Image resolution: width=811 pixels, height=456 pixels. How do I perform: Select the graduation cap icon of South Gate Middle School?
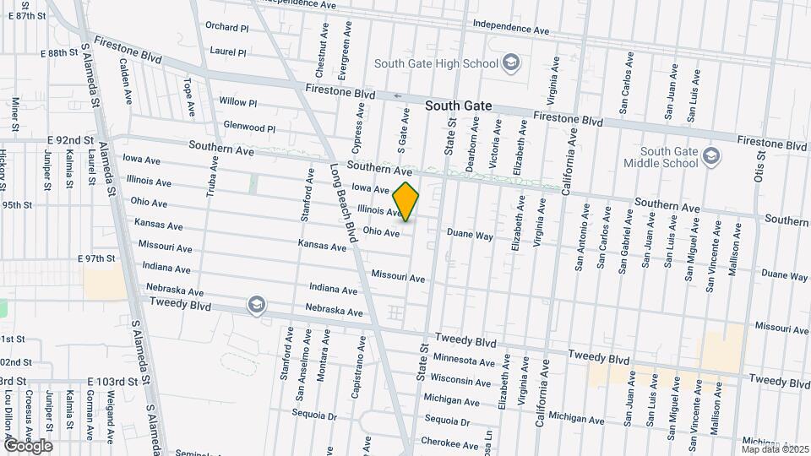pyautogui.click(x=711, y=156)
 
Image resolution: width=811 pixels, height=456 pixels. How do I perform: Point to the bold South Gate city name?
pyautogui.click(x=458, y=106)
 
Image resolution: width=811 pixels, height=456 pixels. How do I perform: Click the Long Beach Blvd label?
pyautogui.click(x=346, y=200)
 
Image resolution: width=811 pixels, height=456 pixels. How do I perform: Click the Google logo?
pyautogui.click(x=27, y=445)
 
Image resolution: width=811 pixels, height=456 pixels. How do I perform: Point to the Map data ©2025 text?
pyautogui.click(x=775, y=449)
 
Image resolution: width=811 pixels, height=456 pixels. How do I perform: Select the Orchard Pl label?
pyautogui.click(x=226, y=27)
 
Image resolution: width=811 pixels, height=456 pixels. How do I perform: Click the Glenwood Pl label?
pyautogui.click(x=249, y=128)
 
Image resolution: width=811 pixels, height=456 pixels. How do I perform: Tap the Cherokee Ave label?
pyautogui.click(x=451, y=444)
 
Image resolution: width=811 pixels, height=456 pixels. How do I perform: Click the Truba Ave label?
pyautogui.click(x=213, y=174)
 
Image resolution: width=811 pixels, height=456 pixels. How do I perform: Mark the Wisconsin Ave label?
pyautogui.click(x=461, y=380)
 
